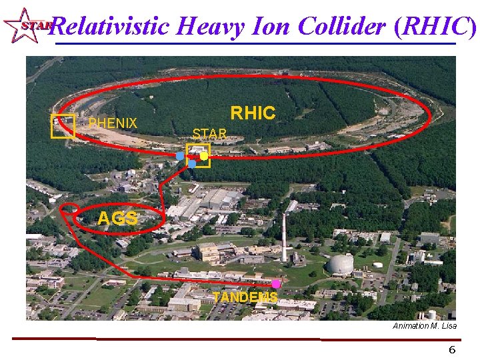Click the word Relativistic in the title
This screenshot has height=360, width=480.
click(x=109, y=27)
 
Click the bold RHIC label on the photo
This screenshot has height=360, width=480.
click(x=253, y=113)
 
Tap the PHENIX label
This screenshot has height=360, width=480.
click(x=113, y=123)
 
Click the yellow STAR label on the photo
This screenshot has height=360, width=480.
click(x=209, y=133)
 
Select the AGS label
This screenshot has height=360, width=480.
click(x=117, y=219)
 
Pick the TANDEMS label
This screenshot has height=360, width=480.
click(x=245, y=297)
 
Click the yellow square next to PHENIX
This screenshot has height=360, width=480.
click(x=63, y=126)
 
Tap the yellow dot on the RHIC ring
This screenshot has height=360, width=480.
click(x=204, y=156)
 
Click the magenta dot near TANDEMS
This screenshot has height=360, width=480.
click(x=276, y=284)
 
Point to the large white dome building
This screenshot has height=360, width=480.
click(x=340, y=264)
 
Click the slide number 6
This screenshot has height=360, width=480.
click(x=452, y=350)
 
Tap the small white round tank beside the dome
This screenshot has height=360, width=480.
click(x=377, y=265)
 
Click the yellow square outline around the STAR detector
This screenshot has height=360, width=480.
click(x=198, y=155)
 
